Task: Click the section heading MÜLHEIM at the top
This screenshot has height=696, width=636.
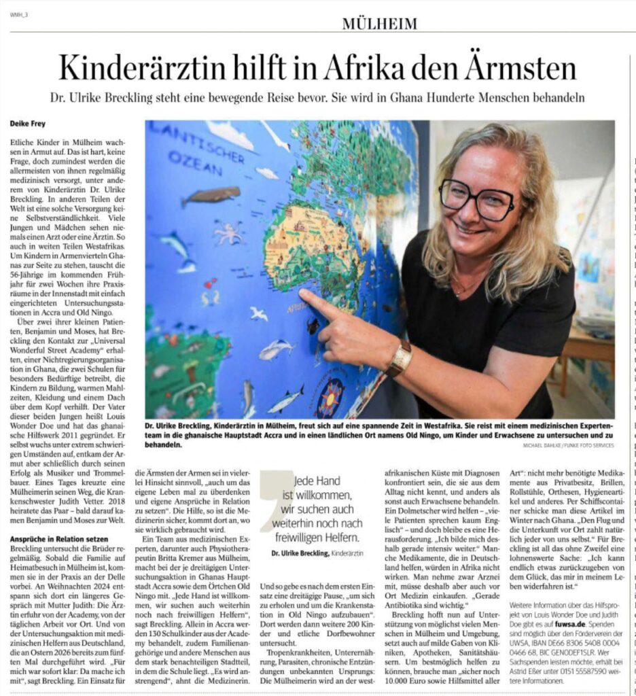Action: (x=379, y=24)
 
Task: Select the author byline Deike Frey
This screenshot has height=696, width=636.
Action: (x=28, y=124)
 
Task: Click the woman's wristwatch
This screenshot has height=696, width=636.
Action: (x=400, y=358)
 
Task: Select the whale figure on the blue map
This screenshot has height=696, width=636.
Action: (x=210, y=196)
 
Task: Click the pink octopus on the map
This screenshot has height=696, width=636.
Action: (x=229, y=233)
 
